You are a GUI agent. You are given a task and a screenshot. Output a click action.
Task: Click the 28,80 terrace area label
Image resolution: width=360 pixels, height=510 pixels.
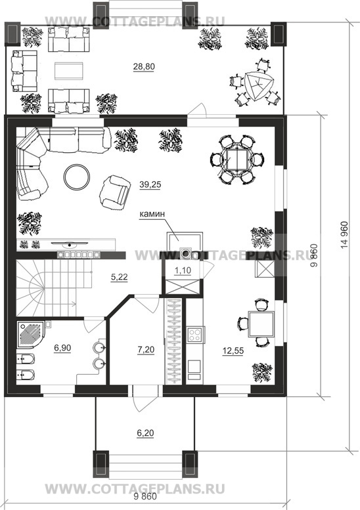click(x=144, y=67)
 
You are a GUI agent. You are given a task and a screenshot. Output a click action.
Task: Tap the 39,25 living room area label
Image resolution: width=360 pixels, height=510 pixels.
click(x=150, y=184)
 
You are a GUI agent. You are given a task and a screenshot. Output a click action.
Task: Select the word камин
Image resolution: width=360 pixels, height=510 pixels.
click(x=152, y=214)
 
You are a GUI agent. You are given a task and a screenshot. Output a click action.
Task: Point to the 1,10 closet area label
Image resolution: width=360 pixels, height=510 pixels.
click(x=183, y=270)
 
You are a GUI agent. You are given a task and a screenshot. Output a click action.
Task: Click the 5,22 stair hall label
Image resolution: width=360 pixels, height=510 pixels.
click(x=119, y=277)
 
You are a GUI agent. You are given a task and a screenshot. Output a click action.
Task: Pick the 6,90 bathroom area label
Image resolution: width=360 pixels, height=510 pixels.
click(x=62, y=348)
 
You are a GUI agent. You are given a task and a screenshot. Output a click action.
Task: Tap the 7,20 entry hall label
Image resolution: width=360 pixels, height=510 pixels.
click(x=146, y=350)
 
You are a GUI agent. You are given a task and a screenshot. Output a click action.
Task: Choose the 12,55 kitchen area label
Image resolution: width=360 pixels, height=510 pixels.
click(x=233, y=351)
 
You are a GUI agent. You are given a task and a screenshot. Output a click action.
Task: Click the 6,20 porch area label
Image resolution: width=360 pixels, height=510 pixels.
click(x=145, y=433)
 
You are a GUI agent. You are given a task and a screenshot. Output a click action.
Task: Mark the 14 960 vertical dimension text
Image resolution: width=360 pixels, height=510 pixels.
click(x=344, y=236)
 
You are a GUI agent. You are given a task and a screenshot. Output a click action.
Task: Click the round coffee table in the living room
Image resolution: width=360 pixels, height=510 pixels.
click(x=77, y=177)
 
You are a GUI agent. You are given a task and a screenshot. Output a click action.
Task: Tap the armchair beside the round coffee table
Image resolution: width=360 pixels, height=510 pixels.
click(x=114, y=192)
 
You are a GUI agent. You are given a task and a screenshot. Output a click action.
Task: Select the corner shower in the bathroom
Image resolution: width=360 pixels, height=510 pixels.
click(x=33, y=335)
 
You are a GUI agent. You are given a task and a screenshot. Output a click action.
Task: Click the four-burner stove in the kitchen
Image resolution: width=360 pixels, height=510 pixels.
click(x=195, y=335)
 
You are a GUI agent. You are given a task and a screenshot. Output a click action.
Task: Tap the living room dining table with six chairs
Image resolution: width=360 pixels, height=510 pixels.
click(x=237, y=159)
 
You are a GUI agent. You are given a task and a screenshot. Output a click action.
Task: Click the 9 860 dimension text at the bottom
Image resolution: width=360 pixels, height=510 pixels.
click(x=145, y=496)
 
